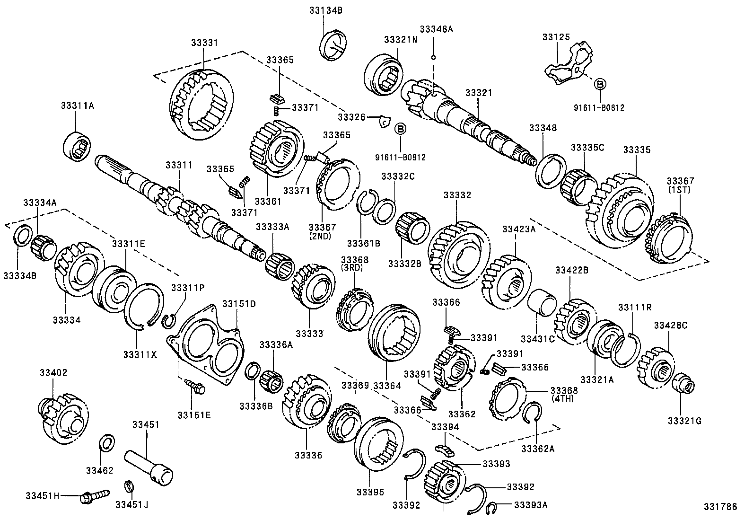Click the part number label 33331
pos(204,43)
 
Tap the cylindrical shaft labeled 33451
pos(149,466)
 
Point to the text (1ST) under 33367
pos(680,190)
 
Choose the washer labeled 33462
pos(107,444)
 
